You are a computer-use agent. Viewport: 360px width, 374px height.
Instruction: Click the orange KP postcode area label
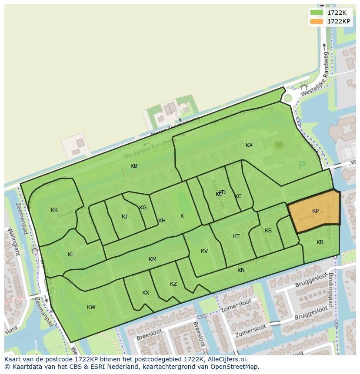[315, 211]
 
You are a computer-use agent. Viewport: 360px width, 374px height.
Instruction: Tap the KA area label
[249, 146]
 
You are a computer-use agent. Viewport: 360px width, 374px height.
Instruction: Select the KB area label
[134, 166]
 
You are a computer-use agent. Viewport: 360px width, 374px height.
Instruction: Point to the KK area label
[54, 210]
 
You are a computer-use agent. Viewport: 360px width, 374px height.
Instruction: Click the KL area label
[71, 255]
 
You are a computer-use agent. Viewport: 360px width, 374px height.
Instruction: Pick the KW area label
[91, 307]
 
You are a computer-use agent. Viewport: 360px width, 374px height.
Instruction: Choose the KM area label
[152, 259]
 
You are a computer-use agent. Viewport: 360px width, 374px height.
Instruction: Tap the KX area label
[146, 293]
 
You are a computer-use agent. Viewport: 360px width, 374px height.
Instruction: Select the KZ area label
[173, 284]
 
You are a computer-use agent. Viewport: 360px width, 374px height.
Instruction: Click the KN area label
[241, 270]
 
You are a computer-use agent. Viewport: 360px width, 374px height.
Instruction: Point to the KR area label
[320, 242]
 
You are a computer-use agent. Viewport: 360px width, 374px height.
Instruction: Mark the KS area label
[268, 231]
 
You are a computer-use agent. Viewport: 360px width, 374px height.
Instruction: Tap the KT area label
[236, 236]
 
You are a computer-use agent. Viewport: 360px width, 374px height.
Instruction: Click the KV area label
[204, 251]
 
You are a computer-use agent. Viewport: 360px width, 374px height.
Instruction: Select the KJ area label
[125, 217]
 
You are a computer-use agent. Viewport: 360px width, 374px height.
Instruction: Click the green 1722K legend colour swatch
[317, 13]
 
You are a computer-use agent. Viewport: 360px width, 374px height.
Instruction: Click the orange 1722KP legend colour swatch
[317, 21]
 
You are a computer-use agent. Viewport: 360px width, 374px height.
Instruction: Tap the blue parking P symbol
[302, 165]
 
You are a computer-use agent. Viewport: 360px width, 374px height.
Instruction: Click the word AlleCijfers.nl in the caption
[226, 359]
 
